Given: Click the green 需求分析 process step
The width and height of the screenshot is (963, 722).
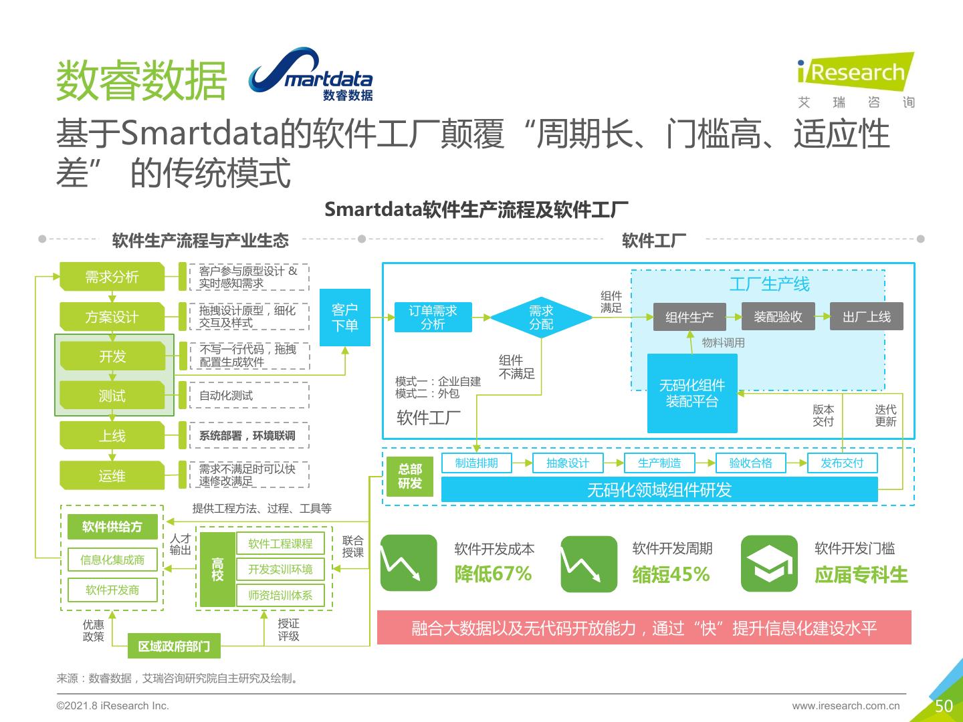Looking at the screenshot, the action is click(x=112, y=277).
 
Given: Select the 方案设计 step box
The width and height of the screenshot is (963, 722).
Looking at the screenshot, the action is click(x=112, y=317).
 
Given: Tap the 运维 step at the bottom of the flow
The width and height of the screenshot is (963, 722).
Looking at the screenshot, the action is click(x=112, y=476).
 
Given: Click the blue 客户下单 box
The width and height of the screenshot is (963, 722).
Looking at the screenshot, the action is click(x=344, y=318).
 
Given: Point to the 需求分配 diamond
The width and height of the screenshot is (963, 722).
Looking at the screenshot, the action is click(x=541, y=318).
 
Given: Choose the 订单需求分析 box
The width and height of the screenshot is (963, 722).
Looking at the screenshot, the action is click(x=433, y=318).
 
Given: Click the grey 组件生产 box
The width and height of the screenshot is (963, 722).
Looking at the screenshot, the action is click(x=689, y=317).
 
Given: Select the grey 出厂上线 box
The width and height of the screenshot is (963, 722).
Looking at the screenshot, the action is click(x=866, y=317).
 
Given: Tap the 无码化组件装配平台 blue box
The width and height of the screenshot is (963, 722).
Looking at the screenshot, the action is click(x=692, y=393).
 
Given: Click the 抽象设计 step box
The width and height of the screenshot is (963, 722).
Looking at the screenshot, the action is click(x=567, y=463).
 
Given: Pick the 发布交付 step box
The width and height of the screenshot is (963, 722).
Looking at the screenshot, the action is click(x=841, y=463).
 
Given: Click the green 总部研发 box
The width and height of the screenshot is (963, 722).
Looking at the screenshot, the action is click(x=410, y=476).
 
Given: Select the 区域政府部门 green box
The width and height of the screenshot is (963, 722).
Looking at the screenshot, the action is click(x=174, y=646).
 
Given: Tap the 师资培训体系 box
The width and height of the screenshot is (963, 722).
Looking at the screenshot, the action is click(x=280, y=595).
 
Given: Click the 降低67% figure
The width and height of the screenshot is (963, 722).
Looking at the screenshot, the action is click(x=493, y=574).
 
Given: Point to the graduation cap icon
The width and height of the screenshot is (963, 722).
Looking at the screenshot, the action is click(x=769, y=564).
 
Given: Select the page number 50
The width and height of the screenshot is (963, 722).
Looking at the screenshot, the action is click(x=944, y=706).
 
